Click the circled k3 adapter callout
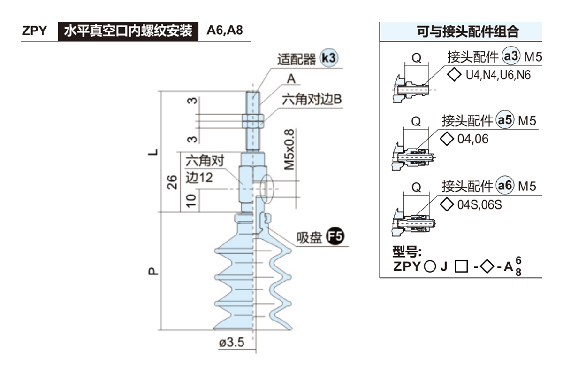click(x=328, y=58)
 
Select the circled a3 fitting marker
click(x=510, y=57)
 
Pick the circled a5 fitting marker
click(x=505, y=121)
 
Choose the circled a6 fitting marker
click(x=505, y=186)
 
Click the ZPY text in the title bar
click(x=35, y=31)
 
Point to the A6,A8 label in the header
click(x=225, y=31)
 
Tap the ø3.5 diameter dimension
click(x=232, y=343)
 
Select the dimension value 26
click(x=172, y=182)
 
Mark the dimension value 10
click(x=191, y=201)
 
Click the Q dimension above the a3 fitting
click(x=416, y=58)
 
